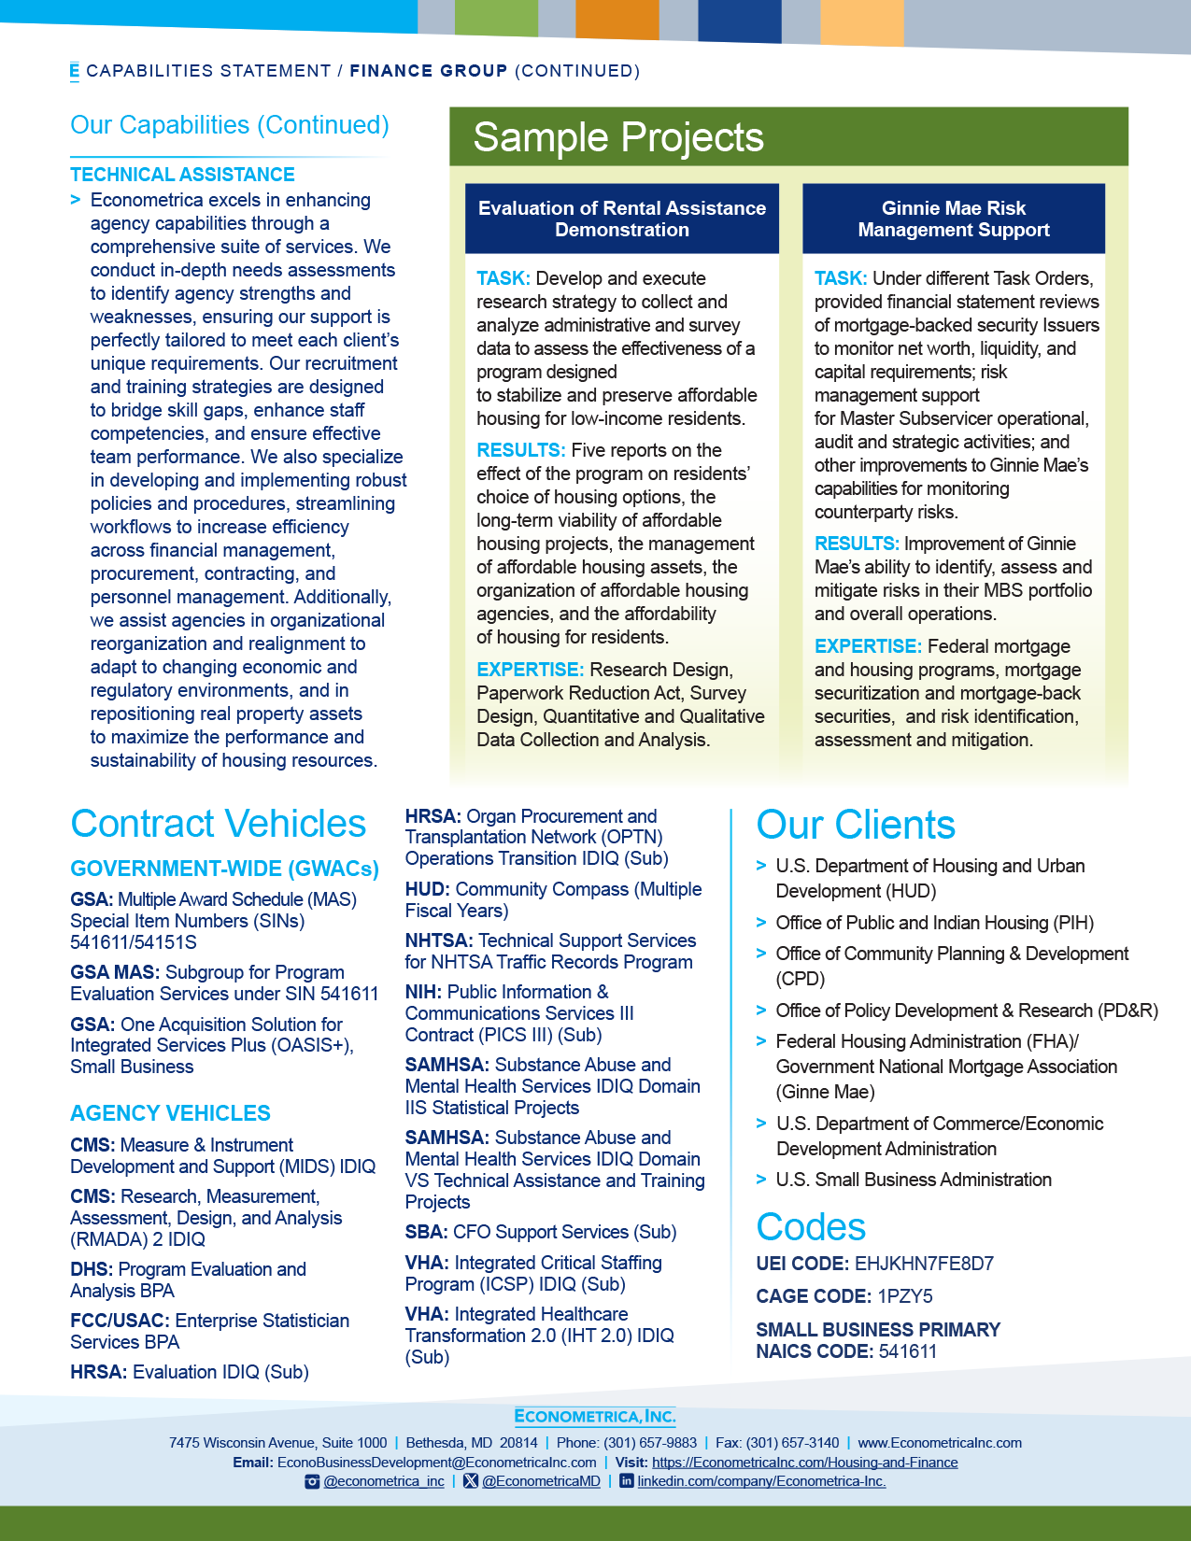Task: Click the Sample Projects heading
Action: click(618, 137)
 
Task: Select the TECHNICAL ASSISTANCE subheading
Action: click(182, 175)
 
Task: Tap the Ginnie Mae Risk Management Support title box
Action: click(954, 219)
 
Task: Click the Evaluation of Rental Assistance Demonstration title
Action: click(622, 219)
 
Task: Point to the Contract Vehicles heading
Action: click(219, 824)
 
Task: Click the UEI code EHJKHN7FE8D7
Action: click(924, 1264)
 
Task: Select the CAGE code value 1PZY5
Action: click(904, 1296)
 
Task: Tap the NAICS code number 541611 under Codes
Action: click(907, 1351)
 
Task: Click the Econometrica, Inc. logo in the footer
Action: click(595, 1416)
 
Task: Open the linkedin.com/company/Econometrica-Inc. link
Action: click(761, 1481)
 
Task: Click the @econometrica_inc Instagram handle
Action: click(384, 1481)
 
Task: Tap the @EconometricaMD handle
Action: click(541, 1481)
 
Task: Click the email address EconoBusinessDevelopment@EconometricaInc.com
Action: click(436, 1463)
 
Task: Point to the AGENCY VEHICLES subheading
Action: click(170, 1113)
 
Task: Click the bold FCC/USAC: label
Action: click(120, 1321)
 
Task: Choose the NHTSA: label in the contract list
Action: click(439, 940)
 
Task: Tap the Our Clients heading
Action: click(856, 825)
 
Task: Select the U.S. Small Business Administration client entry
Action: click(914, 1180)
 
